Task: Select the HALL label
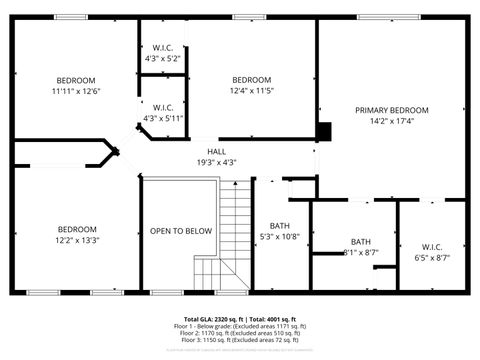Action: tap(216, 151)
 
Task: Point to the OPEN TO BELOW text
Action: tap(181, 231)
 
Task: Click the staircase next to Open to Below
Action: tap(233, 230)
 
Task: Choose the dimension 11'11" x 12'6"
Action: tap(76, 91)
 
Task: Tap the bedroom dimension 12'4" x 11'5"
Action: tap(252, 91)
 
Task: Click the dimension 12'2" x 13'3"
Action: tap(76, 240)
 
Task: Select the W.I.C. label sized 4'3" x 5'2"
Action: tap(163, 48)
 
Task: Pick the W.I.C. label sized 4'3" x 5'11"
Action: tap(163, 107)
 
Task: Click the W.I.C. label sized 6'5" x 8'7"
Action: tap(432, 246)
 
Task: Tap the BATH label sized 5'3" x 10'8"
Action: tap(279, 225)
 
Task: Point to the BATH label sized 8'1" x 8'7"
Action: tap(360, 242)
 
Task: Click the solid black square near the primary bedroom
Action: tap(323, 131)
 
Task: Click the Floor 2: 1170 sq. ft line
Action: tap(240, 334)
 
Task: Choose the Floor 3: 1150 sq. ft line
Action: tap(240, 341)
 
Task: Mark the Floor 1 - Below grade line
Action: tap(240, 326)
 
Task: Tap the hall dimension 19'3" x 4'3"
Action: tap(216, 162)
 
